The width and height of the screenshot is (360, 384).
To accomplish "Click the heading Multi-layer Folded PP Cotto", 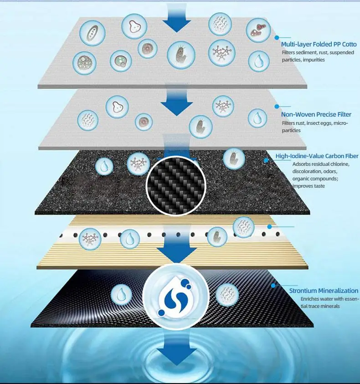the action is tap(319, 44).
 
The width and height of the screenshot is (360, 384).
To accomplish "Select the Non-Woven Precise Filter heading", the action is tap(316, 115).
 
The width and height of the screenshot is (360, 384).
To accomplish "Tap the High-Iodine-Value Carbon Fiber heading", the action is tap(317, 156).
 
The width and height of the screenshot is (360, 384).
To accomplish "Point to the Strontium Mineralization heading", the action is tap(324, 291).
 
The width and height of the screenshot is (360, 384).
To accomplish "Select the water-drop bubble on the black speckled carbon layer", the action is tap(104, 167).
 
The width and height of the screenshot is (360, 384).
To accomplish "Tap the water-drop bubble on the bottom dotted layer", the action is tap(121, 294).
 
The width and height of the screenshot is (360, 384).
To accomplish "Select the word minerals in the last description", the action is tap(330, 306).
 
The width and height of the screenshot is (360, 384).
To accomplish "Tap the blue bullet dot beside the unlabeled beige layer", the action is tap(269, 227).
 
